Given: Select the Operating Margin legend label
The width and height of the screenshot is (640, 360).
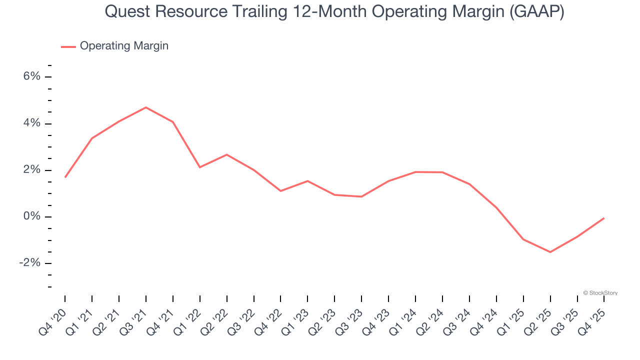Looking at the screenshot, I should pos(124,46).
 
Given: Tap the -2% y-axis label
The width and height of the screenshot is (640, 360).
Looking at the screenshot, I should pos(29,263).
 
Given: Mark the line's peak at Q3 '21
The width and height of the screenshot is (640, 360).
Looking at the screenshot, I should pos(146,107).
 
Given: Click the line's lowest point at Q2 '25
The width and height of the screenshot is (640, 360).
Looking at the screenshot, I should pos(550,252).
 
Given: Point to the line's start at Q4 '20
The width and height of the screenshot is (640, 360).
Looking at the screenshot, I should pos(65,177).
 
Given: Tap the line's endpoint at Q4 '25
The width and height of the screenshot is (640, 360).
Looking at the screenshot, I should pos(604,218).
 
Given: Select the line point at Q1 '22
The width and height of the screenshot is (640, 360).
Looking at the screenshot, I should pos(200,167).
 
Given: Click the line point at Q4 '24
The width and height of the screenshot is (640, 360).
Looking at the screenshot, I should pos(496,208).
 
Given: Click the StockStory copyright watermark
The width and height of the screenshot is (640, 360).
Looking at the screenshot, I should pos(600,293).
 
